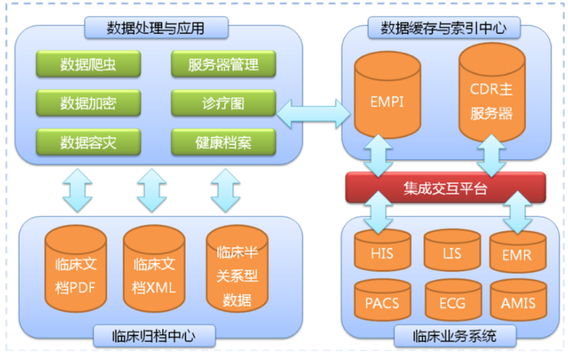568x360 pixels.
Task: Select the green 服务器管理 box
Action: pyautogui.click(x=224, y=64)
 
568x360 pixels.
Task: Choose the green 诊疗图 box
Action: pyautogui.click(x=224, y=103)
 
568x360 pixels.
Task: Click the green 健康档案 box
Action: pyautogui.click(x=224, y=142)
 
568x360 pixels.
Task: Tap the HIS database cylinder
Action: pyautogui.click(x=382, y=251)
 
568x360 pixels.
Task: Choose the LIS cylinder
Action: pyautogui.click(x=452, y=251)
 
